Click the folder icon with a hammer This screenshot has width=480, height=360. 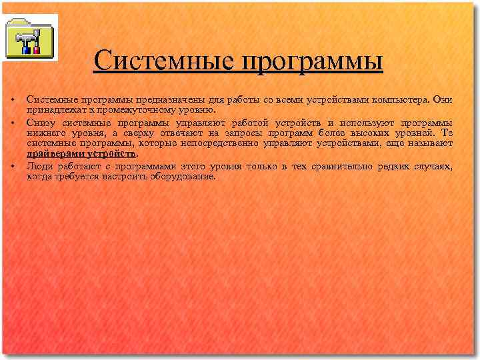click(x=30, y=37)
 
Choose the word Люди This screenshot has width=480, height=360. click(x=39, y=167)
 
